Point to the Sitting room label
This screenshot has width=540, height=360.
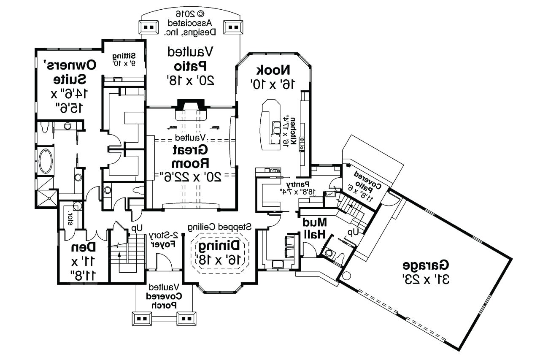coord(124,56)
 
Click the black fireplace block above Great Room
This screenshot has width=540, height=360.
coord(190,104)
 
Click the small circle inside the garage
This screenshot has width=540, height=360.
coord(346,276)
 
